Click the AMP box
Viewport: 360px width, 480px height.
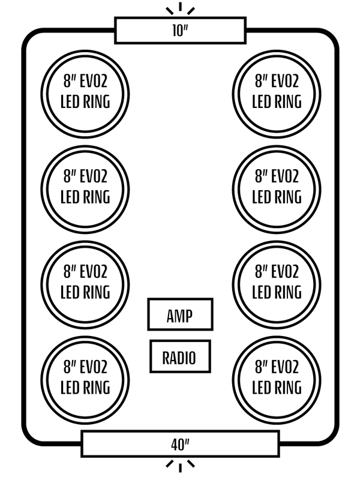tap(180, 314)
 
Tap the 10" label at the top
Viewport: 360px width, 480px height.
tap(180, 31)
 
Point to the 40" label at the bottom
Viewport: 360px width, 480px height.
tap(179, 445)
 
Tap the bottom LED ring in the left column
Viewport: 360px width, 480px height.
tap(86, 376)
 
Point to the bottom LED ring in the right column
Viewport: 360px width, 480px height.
tap(277, 376)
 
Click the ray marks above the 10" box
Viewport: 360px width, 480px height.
tap(180, 9)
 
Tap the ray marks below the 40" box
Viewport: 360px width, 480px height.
tap(180, 466)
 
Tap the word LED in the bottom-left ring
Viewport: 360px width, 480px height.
tap(70, 386)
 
